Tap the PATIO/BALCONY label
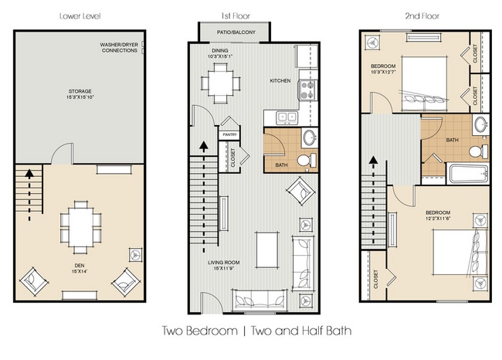point(233,33)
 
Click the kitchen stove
point(307,87)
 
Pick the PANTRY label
point(229,134)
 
